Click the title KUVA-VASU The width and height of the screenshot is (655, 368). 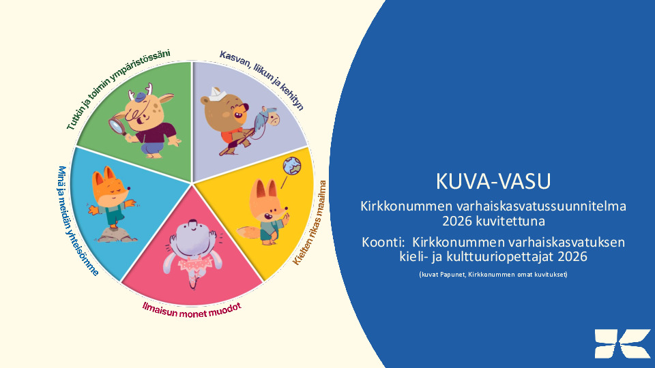point(493,181)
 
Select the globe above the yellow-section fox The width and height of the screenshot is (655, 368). point(291,166)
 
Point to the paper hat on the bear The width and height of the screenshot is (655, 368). point(218,93)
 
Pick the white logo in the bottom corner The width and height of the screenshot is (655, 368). point(623,343)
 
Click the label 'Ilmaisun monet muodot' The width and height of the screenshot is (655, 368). point(192,311)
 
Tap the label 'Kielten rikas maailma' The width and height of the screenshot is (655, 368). point(310,223)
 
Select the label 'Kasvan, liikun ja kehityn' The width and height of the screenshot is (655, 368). point(261,80)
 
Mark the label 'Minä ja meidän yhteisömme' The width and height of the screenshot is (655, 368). point(77,221)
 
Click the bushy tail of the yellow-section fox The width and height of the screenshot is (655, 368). point(248,232)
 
